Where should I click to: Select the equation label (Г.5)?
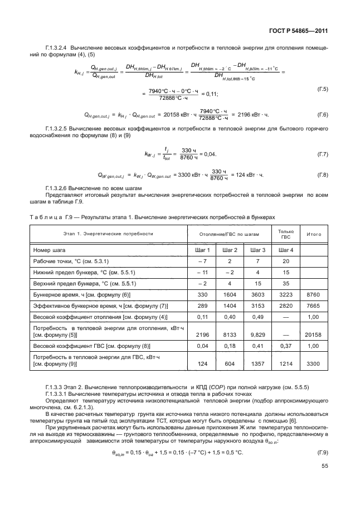click(x=322, y=89)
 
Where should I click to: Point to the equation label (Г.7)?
click(x=322, y=153)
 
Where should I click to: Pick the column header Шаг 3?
click(x=257, y=250)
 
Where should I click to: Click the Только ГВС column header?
click(x=285, y=234)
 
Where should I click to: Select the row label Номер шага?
click(x=49, y=250)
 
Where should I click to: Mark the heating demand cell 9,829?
click(x=257, y=335)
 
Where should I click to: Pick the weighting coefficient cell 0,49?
click(x=257, y=318)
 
